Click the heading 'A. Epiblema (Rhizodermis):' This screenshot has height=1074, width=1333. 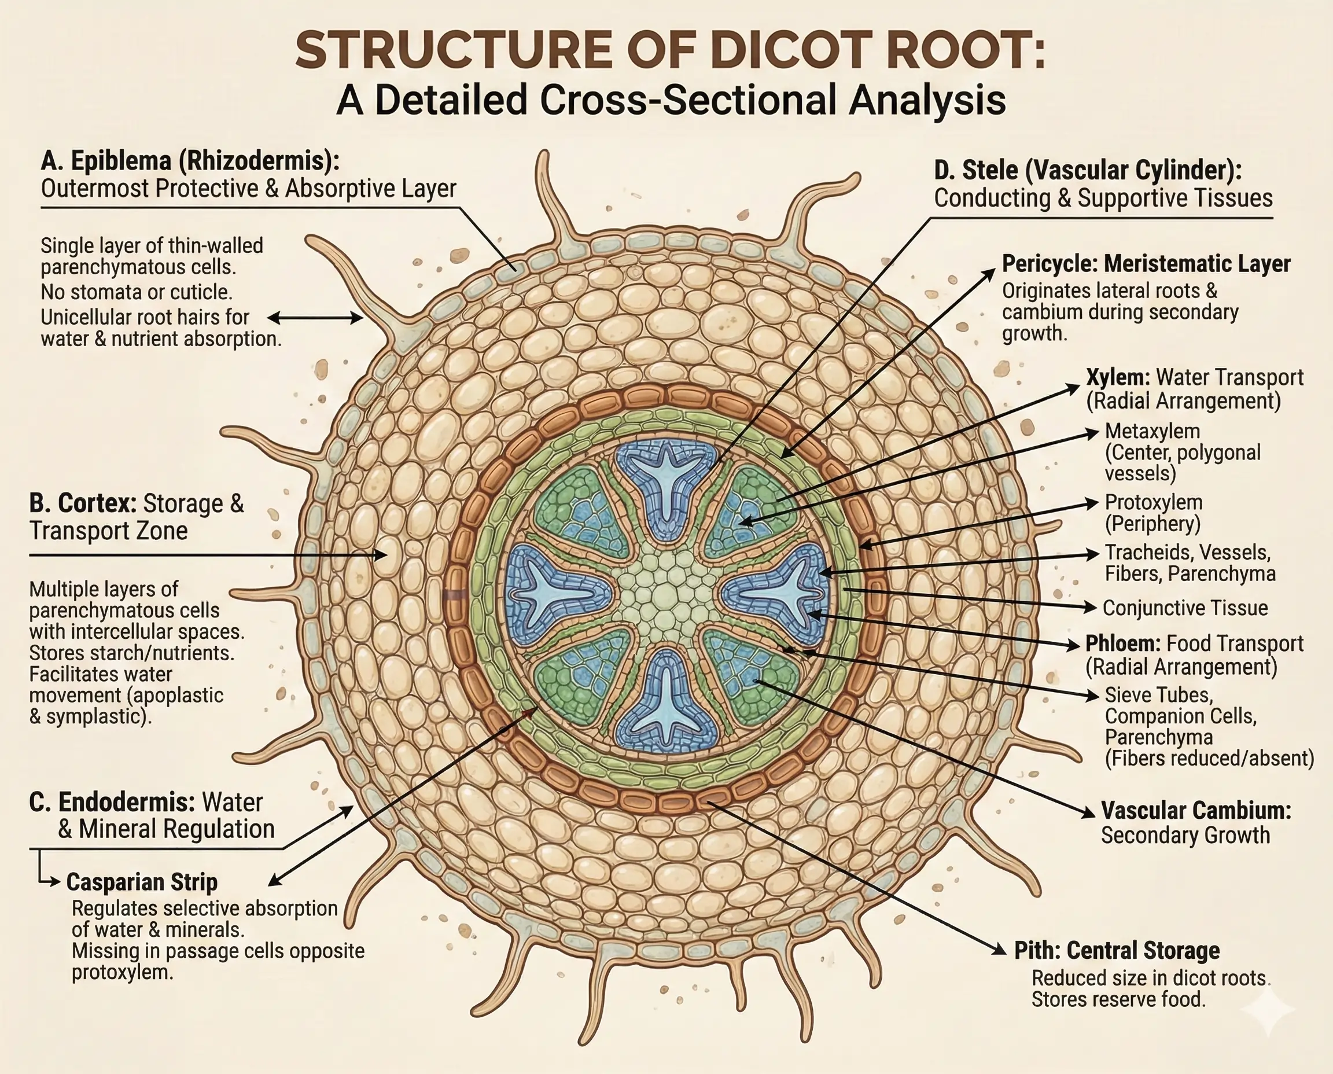pos(190,161)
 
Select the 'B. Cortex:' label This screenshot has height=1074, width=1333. pos(82,503)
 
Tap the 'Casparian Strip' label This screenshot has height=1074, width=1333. pos(142,882)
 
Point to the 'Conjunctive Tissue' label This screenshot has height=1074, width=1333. pos(1184,608)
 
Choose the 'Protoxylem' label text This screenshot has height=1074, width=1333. pos(1154,502)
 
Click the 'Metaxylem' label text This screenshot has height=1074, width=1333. pos(1152,431)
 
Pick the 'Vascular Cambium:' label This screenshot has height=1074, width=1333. pos(1196,811)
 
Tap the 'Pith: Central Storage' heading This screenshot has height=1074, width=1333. pos(1117,950)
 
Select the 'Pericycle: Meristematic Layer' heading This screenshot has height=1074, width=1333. pos(1146,264)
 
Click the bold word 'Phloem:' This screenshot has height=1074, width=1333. pos(1122,644)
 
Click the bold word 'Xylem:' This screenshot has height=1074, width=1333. pos(1118,377)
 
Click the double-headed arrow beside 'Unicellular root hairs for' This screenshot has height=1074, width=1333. pos(315,319)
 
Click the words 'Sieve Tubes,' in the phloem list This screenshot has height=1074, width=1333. pos(1158,696)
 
